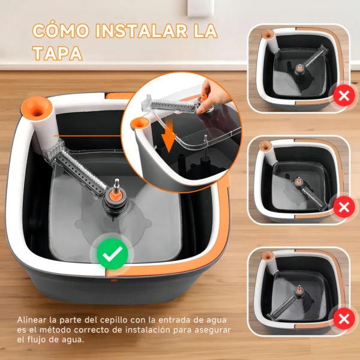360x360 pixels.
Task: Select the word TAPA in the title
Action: [57, 53]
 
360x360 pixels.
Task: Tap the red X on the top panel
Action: [343, 95]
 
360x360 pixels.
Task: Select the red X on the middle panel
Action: [343, 208]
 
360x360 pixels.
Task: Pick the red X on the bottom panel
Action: [343, 318]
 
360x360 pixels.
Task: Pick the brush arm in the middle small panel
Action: [311, 192]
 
